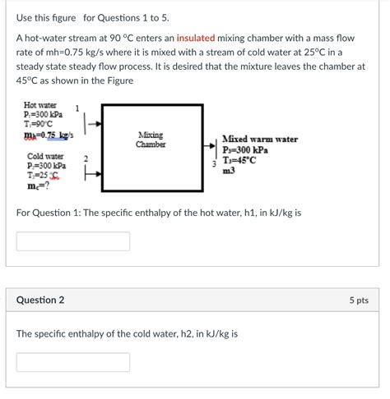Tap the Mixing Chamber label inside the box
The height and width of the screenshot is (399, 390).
click(x=151, y=140)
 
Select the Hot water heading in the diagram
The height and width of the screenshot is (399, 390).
click(x=40, y=106)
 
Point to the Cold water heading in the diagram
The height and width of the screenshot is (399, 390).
click(x=45, y=156)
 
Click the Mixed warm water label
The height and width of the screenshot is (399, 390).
click(x=260, y=140)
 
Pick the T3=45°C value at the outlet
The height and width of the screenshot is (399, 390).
click(x=244, y=161)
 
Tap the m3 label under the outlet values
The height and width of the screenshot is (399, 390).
click(x=229, y=171)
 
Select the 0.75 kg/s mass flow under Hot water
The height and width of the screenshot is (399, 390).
click(x=49, y=134)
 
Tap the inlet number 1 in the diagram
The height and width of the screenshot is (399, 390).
click(x=77, y=108)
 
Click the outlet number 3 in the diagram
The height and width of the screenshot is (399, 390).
click(x=214, y=165)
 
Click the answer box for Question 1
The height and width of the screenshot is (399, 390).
click(x=73, y=241)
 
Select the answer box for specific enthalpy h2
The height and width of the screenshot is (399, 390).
click(x=73, y=362)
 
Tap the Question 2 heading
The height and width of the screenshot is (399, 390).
click(x=40, y=300)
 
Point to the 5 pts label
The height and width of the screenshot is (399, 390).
click(x=358, y=300)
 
